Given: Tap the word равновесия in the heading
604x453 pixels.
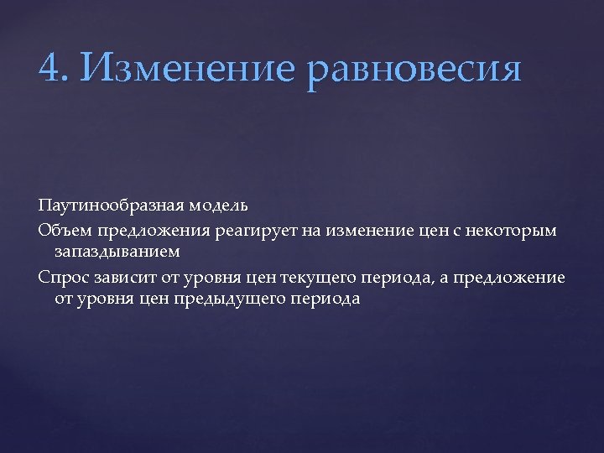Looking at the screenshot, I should click(x=414, y=68).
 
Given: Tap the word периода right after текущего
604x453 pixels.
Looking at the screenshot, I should click(x=391, y=278).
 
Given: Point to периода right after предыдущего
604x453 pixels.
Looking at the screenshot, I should click(x=320, y=299).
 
